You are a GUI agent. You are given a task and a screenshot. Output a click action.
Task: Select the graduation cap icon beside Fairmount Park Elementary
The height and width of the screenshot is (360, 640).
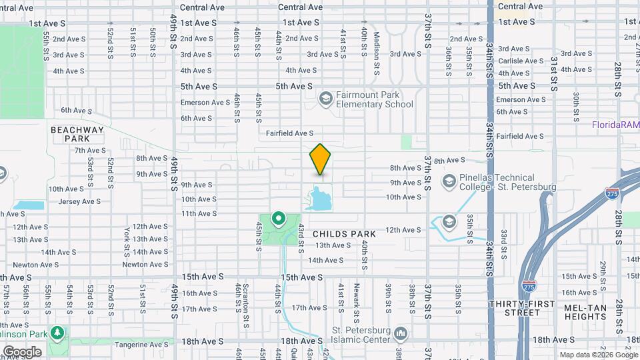[325, 99]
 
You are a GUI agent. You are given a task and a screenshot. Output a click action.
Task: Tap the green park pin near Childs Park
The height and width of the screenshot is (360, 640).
[277, 219]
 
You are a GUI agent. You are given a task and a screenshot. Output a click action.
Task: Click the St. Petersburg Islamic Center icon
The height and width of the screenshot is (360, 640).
[401, 333]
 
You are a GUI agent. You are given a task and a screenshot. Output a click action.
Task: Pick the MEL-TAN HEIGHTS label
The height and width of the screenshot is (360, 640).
[585, 313]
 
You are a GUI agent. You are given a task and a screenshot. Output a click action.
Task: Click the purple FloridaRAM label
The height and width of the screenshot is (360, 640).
[615, 125]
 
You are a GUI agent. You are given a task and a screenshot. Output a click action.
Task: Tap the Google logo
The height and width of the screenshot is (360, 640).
[22, 351]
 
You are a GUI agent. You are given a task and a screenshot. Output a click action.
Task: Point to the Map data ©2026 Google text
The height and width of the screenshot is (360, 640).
[595, 355]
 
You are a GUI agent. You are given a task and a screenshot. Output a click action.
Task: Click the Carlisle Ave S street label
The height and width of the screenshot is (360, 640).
[521, 61]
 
